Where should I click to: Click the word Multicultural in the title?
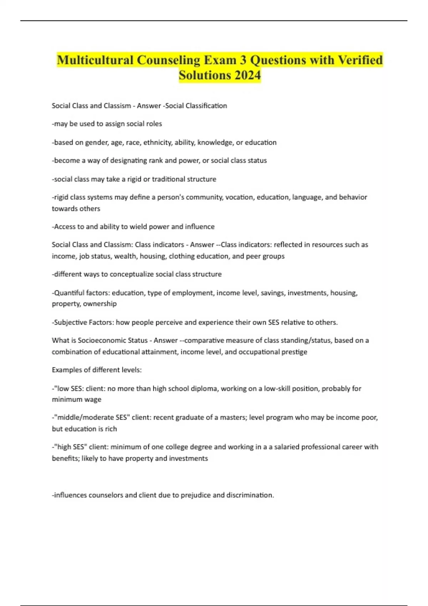pos(95,60)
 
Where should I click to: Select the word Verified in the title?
pos(360,60)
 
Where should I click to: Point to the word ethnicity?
pos(158,143)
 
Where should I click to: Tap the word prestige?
pos(294,352)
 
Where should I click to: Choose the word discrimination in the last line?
pos(250,495)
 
